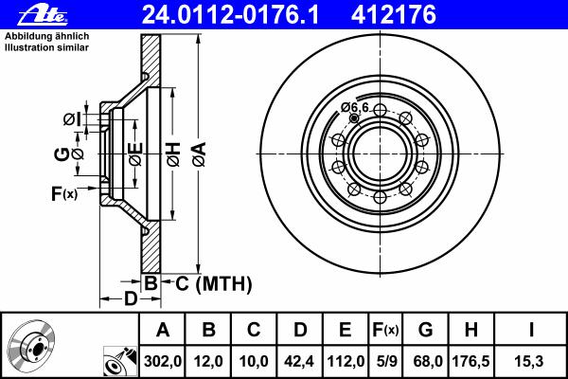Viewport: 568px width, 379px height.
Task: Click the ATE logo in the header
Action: click(x=43, y=15)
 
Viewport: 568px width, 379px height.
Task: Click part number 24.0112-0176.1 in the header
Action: click(x=231, y=15)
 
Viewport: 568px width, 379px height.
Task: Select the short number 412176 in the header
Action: click(x=394, y=15)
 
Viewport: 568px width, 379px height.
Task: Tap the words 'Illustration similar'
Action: click(x=46, y=47)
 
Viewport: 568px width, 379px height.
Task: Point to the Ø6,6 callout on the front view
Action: click(x=355, y=107)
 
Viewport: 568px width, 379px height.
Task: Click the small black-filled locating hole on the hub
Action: click(x=354, y=118)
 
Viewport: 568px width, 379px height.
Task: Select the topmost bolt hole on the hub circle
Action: click(x=380, y=110)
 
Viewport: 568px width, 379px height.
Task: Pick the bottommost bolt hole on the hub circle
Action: click(x=380, y=198)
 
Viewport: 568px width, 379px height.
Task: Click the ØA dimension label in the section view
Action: click(x=200, y=154)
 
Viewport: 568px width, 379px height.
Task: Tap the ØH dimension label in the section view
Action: click(x=173, y=154)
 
